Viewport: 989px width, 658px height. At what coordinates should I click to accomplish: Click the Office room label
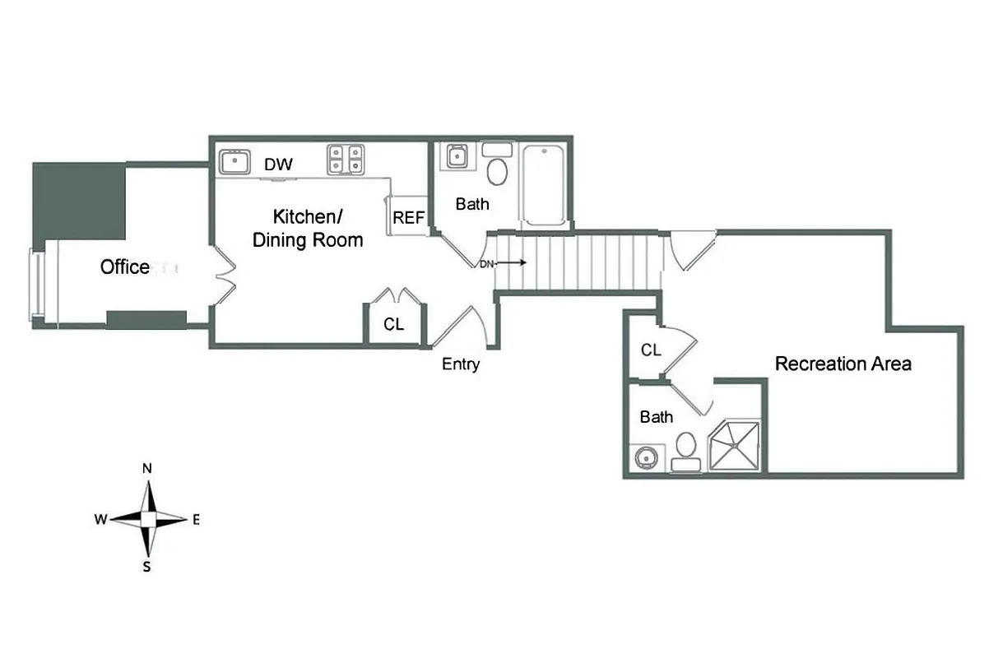pyautogui.click(x=125, y=267)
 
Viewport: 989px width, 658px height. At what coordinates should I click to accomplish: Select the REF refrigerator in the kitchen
pyautogui.click(x=408, y=218)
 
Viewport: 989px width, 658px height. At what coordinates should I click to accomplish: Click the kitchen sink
pyautogui.click(x=235, y=160)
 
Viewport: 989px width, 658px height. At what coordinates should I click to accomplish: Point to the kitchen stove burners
pyautogui.click(x=346, y=160)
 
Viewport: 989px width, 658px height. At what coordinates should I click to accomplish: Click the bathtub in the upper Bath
pyautogui.click(x=544, y=186)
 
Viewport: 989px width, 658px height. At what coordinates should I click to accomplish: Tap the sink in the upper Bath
pyautogui.click(x=456, y=156)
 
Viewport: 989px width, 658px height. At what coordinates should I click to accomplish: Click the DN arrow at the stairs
pyautogui.click(x=502, y=264)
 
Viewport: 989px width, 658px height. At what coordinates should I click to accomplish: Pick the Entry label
pyautogui.click(x=460, y=364)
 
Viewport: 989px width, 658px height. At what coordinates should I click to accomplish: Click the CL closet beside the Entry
pyautogui.click(x=394, y=324)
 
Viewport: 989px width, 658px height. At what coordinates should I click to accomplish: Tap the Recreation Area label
pyautogui.click(x=843, y=364)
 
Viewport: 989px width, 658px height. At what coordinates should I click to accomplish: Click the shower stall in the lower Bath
pyautogui.click(x=736, y=446)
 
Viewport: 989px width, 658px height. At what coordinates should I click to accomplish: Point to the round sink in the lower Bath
pyautogui.click(x=644, y=457)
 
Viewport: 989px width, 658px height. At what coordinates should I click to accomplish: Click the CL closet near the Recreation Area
pyautogui.click(x=651, y=350)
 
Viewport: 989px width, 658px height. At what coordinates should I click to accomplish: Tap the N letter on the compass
pyautogui.click(x=147, y=469)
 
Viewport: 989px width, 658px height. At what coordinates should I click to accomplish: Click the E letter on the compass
pyautogui.click(x=196, y=519)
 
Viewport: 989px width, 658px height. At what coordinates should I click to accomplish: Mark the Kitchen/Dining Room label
pyautogui.click(x=308, y=229)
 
